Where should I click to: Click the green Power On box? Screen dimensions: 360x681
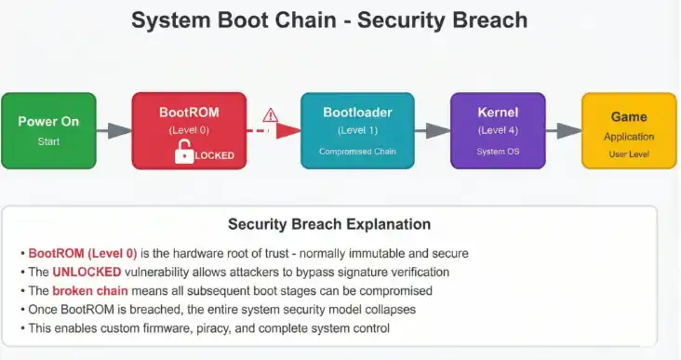[47, 131]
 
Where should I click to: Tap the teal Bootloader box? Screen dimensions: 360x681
[357, 130]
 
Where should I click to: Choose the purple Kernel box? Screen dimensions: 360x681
[498, 130]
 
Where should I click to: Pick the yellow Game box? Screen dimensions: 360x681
[629, 130]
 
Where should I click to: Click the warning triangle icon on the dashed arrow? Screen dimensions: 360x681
[271, 115]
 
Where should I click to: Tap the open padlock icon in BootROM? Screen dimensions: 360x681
[185, 154]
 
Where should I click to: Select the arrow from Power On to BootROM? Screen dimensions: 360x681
[113, 131]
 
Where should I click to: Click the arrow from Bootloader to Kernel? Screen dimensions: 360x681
[433, 131]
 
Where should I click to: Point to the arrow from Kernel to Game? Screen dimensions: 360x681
[564, 131]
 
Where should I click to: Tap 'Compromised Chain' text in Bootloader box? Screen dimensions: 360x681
[357, 151]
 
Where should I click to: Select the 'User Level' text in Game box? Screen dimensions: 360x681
[629, 153]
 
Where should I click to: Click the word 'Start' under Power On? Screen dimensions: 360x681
[47, 141]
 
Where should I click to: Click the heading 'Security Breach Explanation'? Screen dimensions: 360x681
[329, 224]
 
